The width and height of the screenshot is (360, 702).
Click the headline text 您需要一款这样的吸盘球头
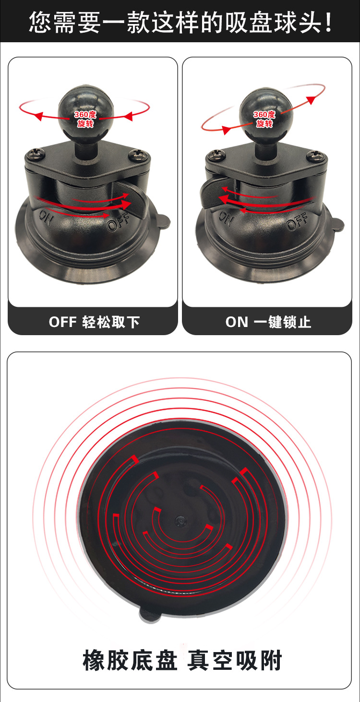click(180, 22)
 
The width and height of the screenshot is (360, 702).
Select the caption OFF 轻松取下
click(94, 322)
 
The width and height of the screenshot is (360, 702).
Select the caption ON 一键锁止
click(268, 322)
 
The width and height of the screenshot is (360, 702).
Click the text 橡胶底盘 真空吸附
click(182, 660)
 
